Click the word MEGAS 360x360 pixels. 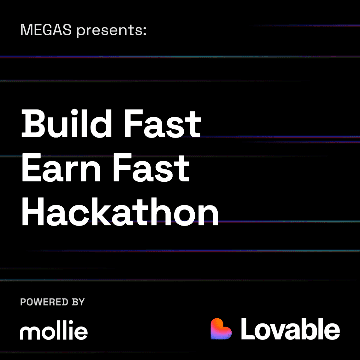coord(46,30)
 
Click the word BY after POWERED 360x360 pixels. coord(77,302)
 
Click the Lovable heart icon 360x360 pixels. coord(221,329)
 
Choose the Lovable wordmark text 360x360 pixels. coord(290,329)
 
